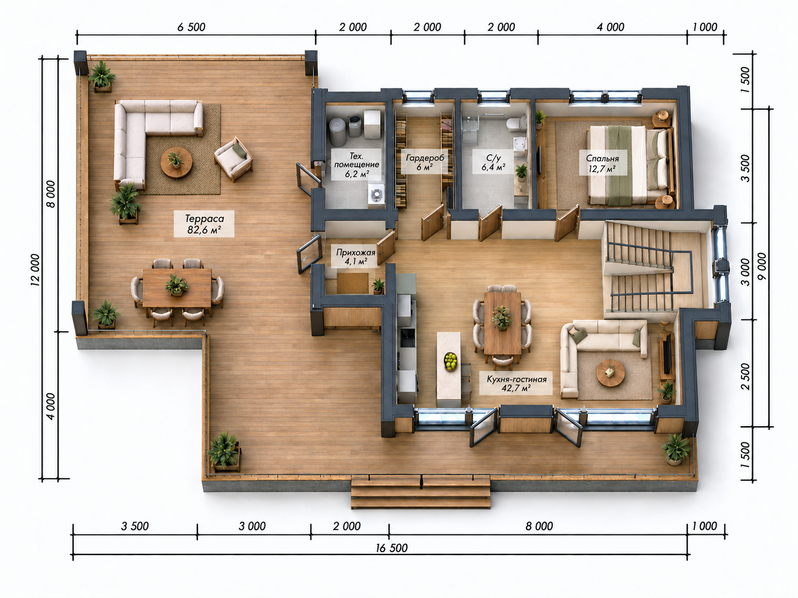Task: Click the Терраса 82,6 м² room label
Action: click(204, 224)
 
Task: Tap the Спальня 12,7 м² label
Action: click(602, 164)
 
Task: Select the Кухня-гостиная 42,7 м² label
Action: click(516, 383)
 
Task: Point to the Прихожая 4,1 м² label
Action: click(355, 257)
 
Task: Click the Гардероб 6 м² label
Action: click(425, 162)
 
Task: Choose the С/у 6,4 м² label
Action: click(493, 162)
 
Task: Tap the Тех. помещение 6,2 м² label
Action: click(356, 165)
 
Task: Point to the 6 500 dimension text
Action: click(191, 27)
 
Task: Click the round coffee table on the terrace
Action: click(176, 162)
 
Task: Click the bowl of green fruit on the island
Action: click(451, 361)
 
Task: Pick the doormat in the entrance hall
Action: click(353, 283)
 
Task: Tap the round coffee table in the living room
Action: click(611, 373)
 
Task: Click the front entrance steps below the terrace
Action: click(420, 493)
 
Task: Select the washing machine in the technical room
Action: click(375, 196)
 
